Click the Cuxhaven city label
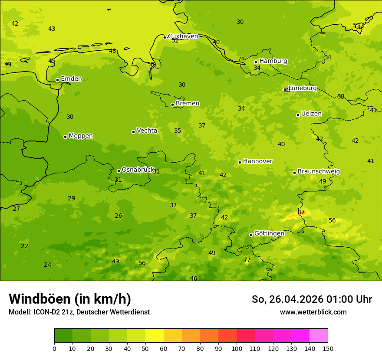(x=183, y=36)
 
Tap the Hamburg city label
(x=273, y=61)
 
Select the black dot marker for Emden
(x=57, y=80)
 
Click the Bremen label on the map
(x=188, y=104)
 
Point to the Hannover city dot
(x=240, y=162)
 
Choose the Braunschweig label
(x=319, y=172)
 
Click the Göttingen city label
(x=269, y=234)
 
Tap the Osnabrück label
(x=138, y=170)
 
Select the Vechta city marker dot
(x=133, y=132)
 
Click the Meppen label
(x=81, y=136)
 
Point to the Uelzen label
(x=311, y=114)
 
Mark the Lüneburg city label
(x=303, y=88)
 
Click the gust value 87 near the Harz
(x=301, y=212)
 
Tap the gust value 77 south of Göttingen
(x=247, y=260)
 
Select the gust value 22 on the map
(x=25, y=246)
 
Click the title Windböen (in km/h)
(x=70, y=299)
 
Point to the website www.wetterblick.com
(x=313, y=312)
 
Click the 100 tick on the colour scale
(x=237, y=348)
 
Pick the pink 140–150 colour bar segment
(x=319, y=336)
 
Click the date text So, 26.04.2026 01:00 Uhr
(x=312, y=299)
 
